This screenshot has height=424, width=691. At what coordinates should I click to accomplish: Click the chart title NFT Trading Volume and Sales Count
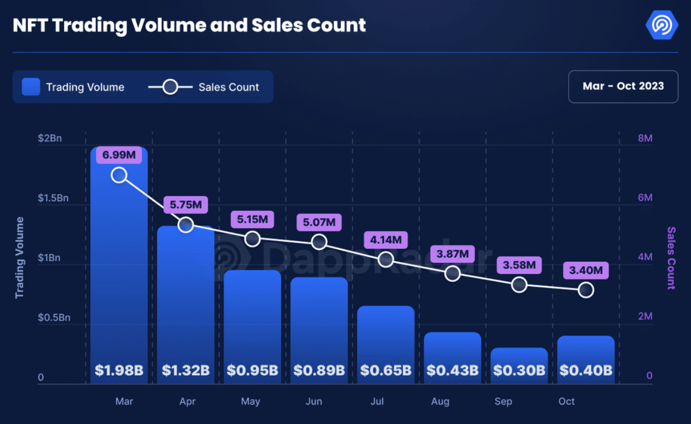[189, 26]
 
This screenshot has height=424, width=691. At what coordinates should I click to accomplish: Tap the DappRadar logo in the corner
[661, 25]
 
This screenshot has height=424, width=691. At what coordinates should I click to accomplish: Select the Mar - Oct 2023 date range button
[623, 86]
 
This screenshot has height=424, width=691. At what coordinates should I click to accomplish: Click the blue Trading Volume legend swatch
[31, 87]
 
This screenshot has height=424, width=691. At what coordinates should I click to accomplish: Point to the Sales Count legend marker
[170, 87]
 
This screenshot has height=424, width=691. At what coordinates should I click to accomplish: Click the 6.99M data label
[119, 155]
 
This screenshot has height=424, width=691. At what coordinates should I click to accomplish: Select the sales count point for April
[186, 225]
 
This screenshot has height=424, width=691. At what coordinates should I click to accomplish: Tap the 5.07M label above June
[319, 223]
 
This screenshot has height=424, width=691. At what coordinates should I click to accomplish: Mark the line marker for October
[586, 290]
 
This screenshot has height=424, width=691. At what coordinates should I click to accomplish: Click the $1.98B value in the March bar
[119, 370]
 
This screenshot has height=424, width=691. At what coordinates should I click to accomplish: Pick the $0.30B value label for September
[519, 370]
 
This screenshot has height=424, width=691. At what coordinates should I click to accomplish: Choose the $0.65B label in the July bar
[386, 370]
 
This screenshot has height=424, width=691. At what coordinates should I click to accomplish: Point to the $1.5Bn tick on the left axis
[54, 198]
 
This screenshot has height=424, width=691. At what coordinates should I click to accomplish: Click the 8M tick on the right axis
[645, 138]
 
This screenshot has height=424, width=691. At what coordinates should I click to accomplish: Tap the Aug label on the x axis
[440, 402]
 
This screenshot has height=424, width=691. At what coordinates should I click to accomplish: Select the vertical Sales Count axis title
[671, 258]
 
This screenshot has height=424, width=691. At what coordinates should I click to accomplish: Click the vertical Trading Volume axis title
[20, 258]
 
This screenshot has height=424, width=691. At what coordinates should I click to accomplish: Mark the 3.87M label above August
[452, 254]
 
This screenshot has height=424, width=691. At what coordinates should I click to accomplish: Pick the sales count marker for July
[386, 259]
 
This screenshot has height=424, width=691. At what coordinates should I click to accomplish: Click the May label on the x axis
[251, 402]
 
